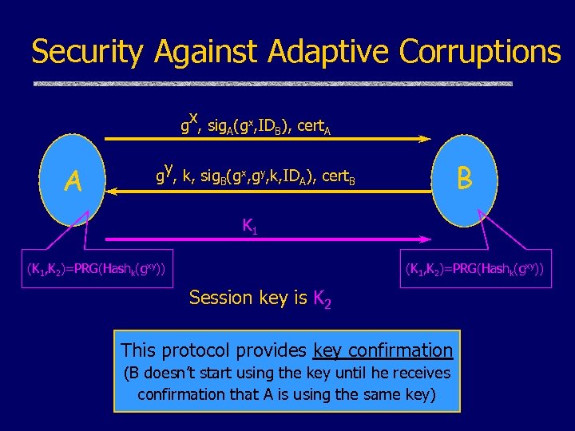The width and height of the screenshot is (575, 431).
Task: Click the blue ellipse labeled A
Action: (74, 182)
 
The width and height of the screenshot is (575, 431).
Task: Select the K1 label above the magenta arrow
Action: (249, 226)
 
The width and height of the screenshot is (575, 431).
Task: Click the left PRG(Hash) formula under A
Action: (96, 270)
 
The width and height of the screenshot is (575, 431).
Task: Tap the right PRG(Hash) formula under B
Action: (474, 270)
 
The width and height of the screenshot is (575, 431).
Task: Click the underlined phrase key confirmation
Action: (383, 350)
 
